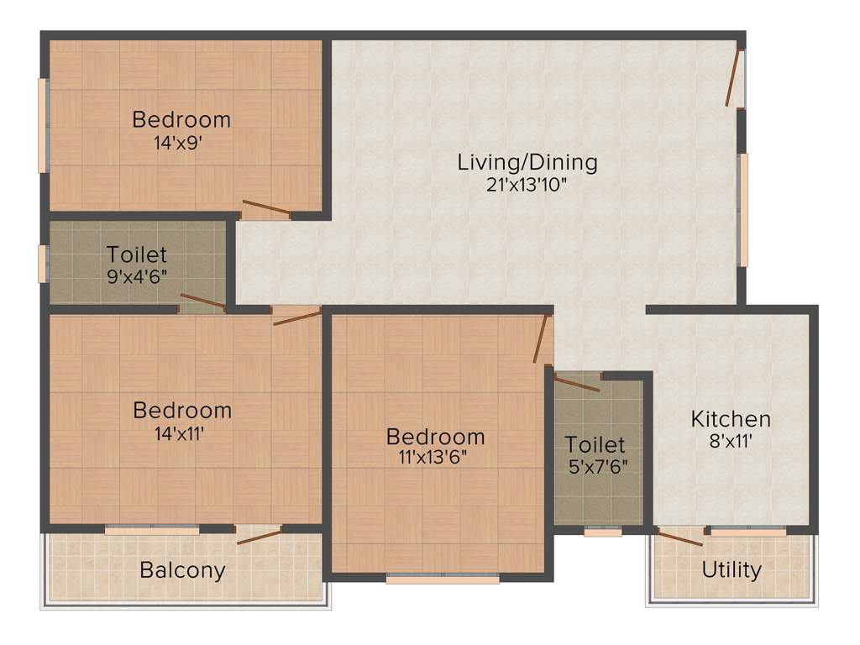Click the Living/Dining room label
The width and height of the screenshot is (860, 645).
coord(527,162)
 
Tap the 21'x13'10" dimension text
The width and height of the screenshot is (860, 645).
coord(527,185)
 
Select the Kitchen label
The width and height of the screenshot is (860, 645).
coord(731,418)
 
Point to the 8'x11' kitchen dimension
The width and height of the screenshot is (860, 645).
coord(731,439)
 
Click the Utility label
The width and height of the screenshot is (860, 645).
coord(732,570)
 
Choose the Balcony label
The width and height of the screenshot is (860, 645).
coord(182,571)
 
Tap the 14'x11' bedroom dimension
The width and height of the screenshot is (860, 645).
coord(181,433)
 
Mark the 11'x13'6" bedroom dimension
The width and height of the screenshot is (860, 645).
coord(435,458)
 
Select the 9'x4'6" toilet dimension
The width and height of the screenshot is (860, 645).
coord(137,276)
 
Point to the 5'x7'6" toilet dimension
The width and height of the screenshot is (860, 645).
coord(595,466)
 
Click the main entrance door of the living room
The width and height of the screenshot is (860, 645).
coord(736,79)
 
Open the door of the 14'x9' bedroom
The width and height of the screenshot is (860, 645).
coord(265,208)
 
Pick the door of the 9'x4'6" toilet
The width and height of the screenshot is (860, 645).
coord(203,302)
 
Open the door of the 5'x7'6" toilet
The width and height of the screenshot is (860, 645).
coord(578,384)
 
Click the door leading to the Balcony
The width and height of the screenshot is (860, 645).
coord(259,535)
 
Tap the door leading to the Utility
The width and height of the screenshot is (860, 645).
coord(679,537)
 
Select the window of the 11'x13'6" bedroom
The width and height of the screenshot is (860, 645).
coord(443,578)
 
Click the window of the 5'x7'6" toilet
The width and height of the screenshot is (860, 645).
coord(602,532)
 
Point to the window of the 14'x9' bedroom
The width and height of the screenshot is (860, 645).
coord(43,125)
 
